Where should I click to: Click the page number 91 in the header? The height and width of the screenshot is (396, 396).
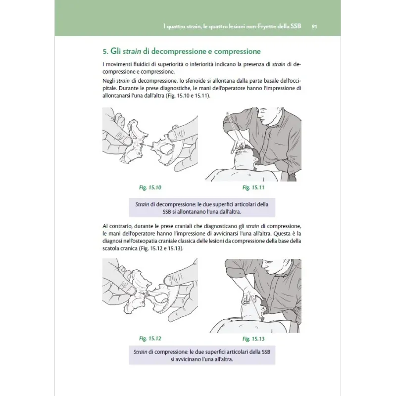coord(314,26)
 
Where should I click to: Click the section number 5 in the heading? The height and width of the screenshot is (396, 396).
coord(104,51)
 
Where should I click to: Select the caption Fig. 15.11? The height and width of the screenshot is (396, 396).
coord(254,188)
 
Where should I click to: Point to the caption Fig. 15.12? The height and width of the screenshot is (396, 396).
coord(150,339)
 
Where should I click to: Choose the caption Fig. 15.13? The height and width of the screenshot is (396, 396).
coord(254,339)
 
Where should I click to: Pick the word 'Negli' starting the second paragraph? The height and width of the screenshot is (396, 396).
coord(109,80)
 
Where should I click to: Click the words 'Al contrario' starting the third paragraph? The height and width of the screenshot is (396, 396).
coord(118,226)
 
